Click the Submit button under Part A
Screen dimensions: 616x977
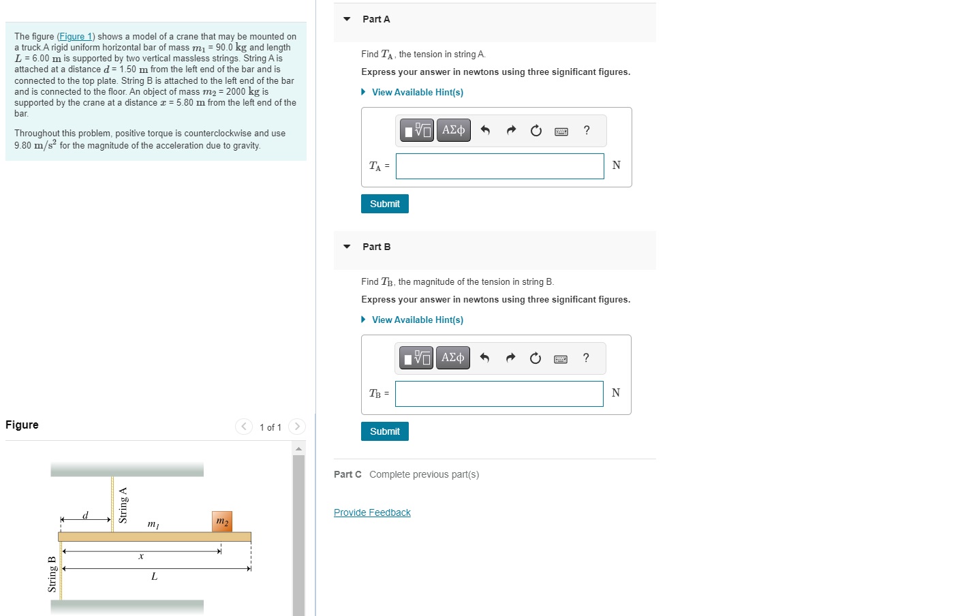pos(384,204)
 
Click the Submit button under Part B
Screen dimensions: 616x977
pos(384,431)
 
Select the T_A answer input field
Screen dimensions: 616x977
pos(499,166)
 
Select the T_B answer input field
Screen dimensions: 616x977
pos(499,394)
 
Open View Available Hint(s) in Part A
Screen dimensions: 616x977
pos(417,92)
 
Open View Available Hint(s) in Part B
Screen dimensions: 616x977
pos(417,320)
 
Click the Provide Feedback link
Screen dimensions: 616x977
pos(372,512)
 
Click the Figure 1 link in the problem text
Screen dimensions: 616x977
pos(76,37)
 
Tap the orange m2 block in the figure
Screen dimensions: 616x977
pos(222,521)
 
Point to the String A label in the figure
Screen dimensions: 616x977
pos(123,505)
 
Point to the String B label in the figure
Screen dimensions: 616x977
pos(52,574)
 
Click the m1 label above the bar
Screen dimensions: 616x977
pos(153,524)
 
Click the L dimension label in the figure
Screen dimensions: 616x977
pos(154,576)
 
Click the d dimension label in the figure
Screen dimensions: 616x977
pos(85,515)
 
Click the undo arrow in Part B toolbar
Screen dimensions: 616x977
pos(484,358)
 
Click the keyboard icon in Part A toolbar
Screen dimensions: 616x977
pos(561,131)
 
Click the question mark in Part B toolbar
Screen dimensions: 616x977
pos(586,358)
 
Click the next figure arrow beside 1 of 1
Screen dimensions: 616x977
pos(297,427)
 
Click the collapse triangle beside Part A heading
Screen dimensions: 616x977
pos(347,19)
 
